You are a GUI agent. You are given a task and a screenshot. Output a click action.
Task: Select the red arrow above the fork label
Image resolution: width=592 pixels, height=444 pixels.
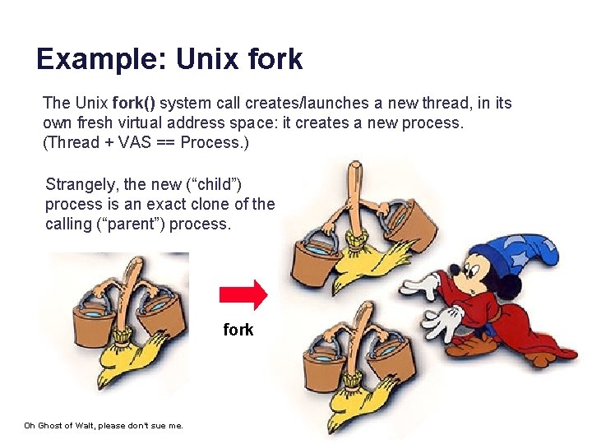coord(243,294)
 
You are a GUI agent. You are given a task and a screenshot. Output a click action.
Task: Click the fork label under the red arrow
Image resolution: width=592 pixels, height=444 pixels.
coord(238,330)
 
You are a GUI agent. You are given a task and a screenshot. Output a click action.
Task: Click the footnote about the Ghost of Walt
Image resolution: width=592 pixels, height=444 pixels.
coord(103,425)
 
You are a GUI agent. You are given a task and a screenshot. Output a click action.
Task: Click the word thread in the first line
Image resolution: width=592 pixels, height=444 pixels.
coord(443,103)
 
